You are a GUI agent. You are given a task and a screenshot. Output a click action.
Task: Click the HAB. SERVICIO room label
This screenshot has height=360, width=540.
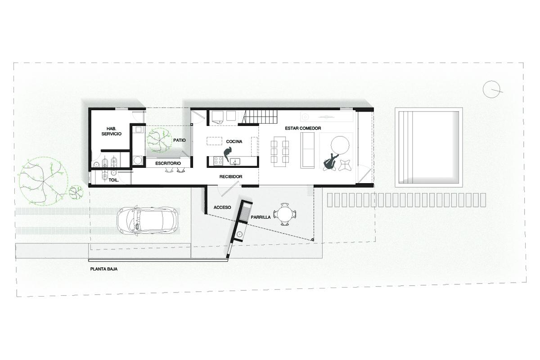point(112,131)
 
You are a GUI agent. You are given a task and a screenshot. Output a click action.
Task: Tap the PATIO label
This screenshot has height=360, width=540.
point(180,140)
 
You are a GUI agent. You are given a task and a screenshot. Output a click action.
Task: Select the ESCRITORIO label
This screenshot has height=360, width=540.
point(168,163)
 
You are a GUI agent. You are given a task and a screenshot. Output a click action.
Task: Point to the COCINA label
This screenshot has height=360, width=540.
point(234,142)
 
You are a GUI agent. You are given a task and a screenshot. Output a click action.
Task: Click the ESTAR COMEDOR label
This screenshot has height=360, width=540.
point(303,128)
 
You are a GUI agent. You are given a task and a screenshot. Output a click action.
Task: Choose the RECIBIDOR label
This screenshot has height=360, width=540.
point(231,177)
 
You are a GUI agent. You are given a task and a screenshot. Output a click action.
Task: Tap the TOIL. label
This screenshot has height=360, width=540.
point(114,180)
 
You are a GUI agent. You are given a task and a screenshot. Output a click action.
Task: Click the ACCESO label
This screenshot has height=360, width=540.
point(222,207)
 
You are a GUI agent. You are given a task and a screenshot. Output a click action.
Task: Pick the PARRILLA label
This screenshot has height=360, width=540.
point(261,217)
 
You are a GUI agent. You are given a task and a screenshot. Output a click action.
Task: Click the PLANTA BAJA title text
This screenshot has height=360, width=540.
point(104,269)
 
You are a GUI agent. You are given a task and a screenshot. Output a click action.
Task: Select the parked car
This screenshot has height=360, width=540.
point(148,220)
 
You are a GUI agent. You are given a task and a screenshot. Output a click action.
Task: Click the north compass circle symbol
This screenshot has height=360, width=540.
point(491,89)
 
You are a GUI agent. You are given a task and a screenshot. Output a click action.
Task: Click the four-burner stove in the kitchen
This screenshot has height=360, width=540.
point(219,161)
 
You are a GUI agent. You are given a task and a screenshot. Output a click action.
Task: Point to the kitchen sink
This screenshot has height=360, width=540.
point(234,161)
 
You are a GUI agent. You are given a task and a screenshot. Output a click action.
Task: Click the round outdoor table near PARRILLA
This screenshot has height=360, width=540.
point(285,214)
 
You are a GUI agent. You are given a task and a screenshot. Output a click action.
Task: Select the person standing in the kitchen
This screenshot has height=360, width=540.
point(228,154)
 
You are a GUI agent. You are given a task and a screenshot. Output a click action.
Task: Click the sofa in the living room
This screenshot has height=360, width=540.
point(307,150)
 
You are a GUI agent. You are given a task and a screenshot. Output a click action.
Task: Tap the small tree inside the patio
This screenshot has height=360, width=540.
point(159,140)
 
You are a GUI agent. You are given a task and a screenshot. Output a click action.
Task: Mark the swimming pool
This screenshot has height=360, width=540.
point(428,147)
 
